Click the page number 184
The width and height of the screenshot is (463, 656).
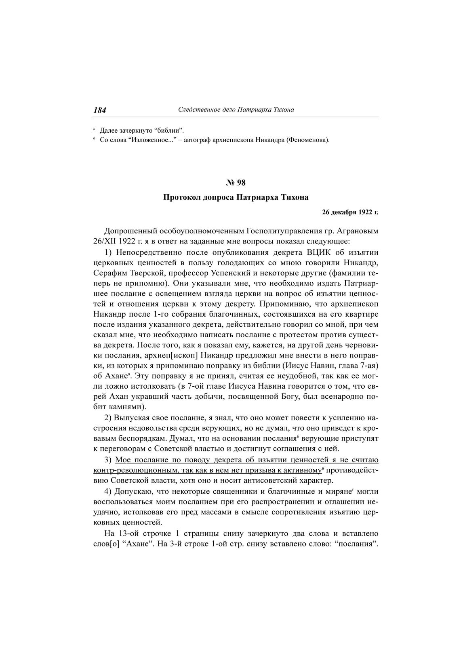pyautogui.click(x=100, y=110)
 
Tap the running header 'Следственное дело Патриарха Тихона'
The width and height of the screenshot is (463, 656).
pyautogui.click(x=236, y=110)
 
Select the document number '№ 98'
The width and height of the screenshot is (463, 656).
pyautogui.click(x=236, y=183)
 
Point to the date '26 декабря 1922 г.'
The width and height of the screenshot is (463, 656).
pyautogui.click(x=350, y=212)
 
